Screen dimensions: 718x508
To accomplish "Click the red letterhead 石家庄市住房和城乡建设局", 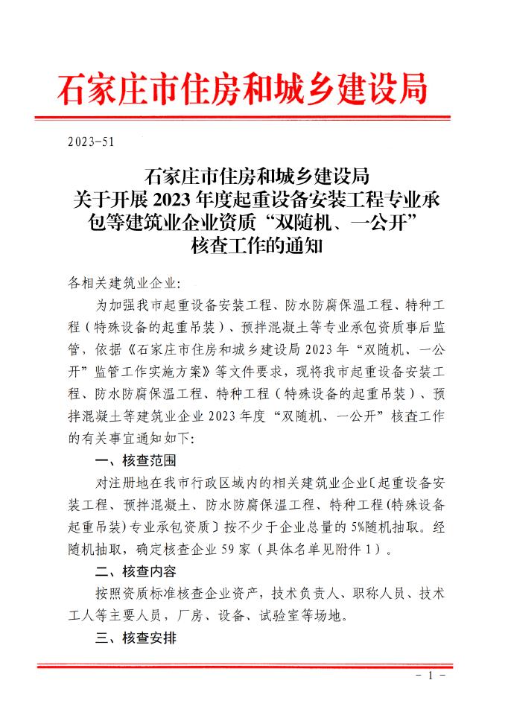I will coord(243,89).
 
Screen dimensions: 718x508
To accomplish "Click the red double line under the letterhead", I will coord(253,117).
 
